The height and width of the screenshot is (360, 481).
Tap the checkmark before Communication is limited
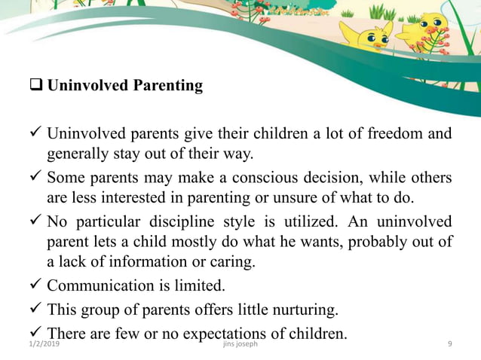tap(35, 286)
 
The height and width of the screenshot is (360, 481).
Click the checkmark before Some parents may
tap(35, 178)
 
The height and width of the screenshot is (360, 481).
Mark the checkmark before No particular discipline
tap(35, 222)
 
